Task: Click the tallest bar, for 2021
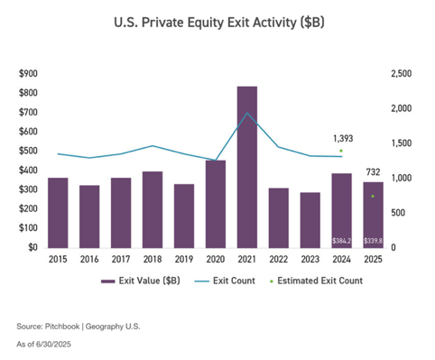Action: [x=246, y=167]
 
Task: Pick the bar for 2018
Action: [x=153, y=209]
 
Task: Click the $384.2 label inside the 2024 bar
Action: [x=341, y=241]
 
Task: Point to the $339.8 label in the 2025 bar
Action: [x=373, y=241]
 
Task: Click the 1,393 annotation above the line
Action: [x=342, y=138]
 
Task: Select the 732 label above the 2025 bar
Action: [x=372, y=171]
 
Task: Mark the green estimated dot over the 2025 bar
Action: [x=373, y=196]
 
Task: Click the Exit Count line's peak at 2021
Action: [x=246, y=114]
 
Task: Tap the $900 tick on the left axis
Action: [x=28, y=73]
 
